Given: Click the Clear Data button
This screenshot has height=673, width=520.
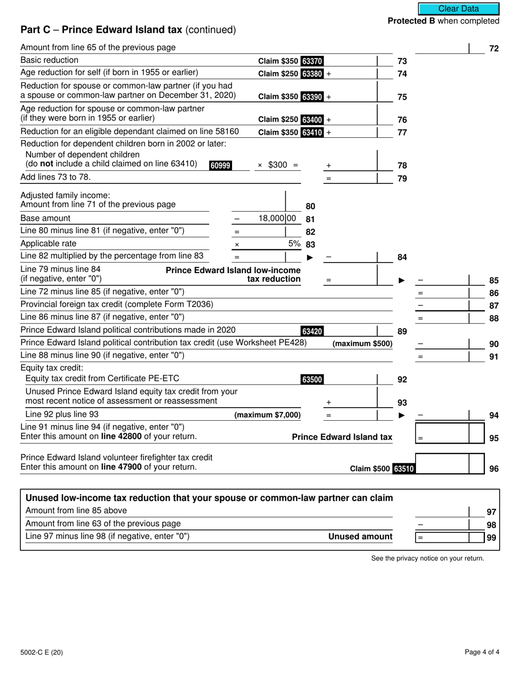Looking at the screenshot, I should point(459,9).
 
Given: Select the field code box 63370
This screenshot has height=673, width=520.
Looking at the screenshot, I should point(312,61).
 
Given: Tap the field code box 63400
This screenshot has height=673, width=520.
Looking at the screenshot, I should point(312,119).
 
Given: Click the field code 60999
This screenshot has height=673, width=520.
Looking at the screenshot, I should point(220,165).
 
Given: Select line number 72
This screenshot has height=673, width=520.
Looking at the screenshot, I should point(494,49).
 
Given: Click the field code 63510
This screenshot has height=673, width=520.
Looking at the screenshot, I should point(404,468).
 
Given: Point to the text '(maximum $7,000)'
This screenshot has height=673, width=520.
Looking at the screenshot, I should point(268,415).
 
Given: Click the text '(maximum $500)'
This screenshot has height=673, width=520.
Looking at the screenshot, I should point(362,344).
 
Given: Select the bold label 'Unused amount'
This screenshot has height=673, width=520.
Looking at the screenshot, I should point(360,537).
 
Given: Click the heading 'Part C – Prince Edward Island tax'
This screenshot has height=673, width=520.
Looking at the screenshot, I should point(128,30).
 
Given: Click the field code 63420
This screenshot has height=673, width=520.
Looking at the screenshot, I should point(312,330).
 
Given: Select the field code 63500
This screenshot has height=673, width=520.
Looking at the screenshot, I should point(312,379).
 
